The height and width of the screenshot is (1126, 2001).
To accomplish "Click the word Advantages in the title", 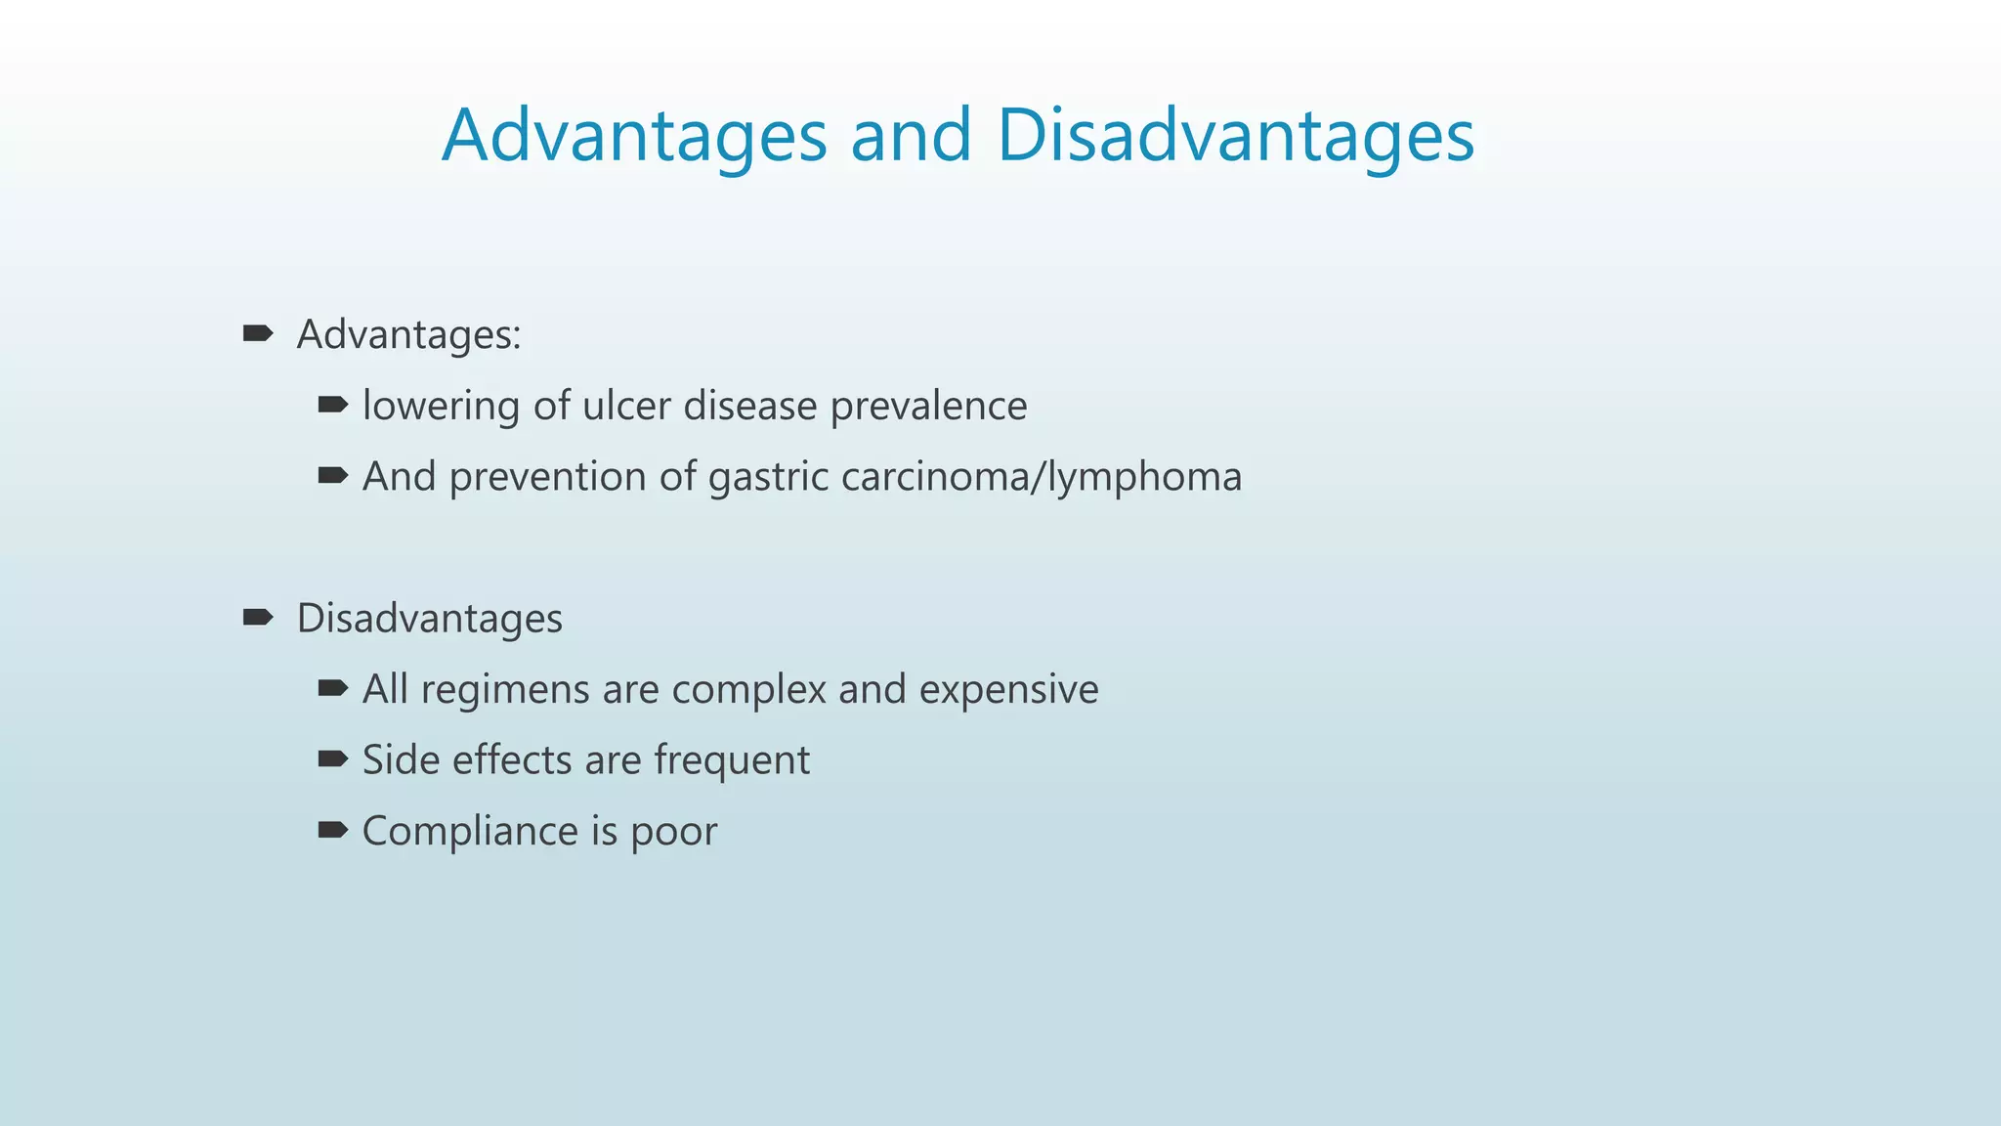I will (x=634, y=136).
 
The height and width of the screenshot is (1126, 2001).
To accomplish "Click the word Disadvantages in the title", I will (x=1235, y=136).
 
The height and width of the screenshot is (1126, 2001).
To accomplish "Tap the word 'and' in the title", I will (x=911, y=136).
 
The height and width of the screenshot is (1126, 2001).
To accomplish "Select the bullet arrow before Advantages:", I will (x=258, y=334).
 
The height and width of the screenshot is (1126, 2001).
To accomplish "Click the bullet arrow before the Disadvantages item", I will (x=258, y=618).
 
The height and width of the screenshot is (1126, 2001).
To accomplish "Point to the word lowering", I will (x=441, y=407).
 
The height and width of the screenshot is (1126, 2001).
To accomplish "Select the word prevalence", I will (x=928, y=407).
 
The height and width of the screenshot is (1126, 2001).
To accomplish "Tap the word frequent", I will (x=732, y=761).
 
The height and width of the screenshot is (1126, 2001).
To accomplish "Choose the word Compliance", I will (x=470, y=832).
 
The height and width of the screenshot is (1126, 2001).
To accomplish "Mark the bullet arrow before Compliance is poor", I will (x=333, y=831).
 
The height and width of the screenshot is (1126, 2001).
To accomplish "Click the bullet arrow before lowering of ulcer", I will (x=333, y=405).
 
